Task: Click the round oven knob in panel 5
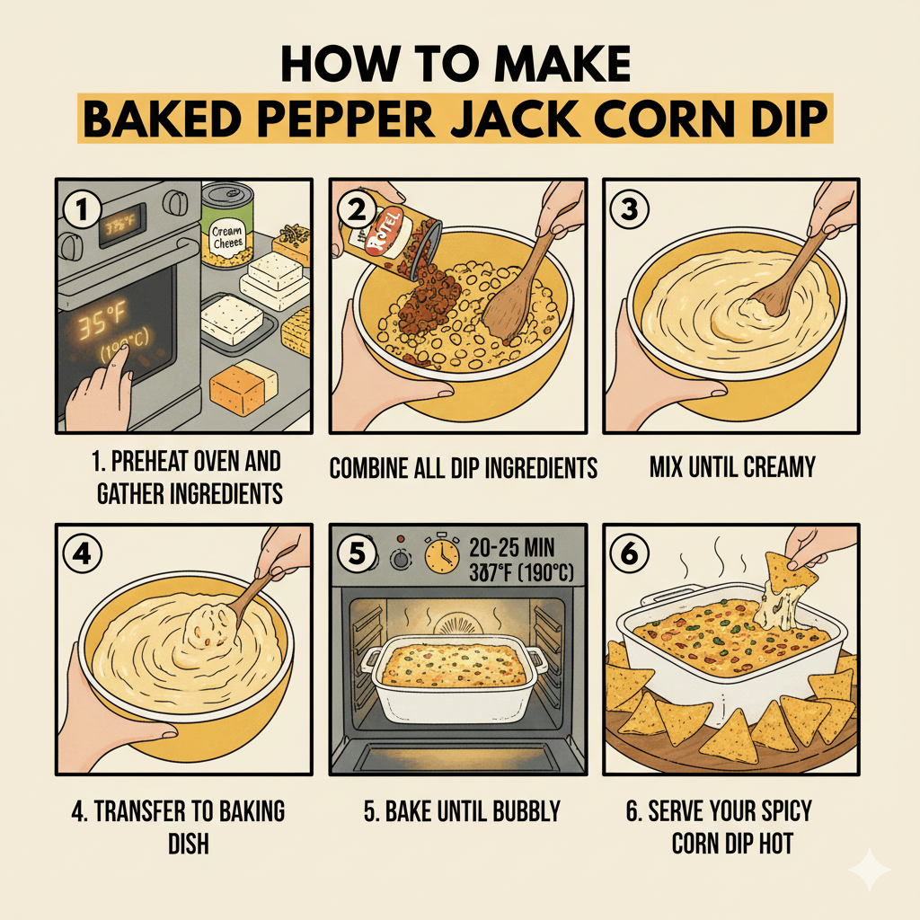click(x=398, y=559)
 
